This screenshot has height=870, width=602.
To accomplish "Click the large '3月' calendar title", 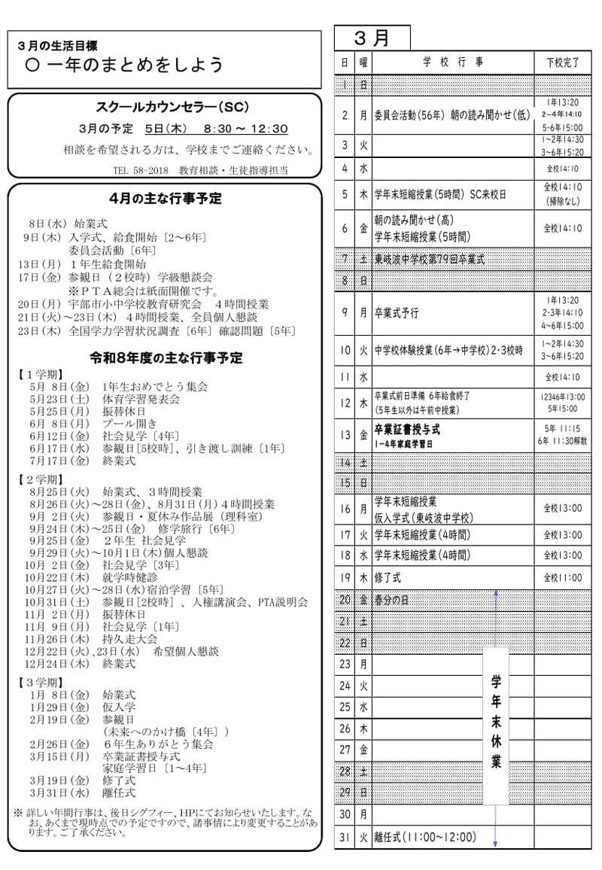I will point(372,38).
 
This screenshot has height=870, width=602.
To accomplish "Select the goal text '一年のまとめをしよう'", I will point(135,65).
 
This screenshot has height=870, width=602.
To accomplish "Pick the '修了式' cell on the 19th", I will point(389,577).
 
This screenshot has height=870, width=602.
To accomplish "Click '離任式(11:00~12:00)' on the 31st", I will point(425,837).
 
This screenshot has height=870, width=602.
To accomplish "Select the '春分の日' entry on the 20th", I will point(394,600).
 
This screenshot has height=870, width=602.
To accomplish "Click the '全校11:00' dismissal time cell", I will point(564,577).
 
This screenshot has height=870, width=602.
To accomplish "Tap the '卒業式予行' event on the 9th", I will point(397,312).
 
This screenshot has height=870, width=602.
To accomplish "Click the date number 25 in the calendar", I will point(345,707).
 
